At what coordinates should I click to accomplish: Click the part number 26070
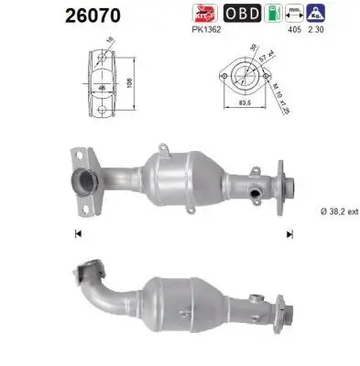pos(42,15)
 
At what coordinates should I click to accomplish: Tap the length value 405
pos(295,29)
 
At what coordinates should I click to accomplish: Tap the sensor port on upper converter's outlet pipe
pos(252,194)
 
